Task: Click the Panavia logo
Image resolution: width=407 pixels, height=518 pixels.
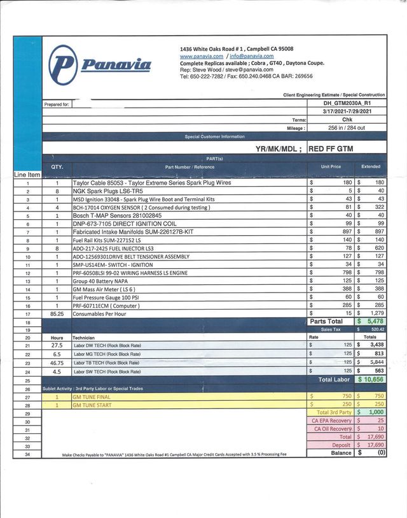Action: [100, 63]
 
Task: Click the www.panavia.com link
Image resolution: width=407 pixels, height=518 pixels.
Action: [202, 56]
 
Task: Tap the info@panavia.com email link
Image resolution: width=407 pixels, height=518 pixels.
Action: [252, 56]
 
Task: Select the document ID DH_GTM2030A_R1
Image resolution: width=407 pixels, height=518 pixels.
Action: [347, 103]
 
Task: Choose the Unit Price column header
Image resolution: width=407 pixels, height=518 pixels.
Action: [331, 166]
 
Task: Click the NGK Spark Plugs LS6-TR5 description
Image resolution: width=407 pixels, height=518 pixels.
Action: [108, 191]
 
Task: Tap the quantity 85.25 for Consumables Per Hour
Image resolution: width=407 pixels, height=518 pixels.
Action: [57, 313]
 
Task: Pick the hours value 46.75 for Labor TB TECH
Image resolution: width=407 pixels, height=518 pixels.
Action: [57, 362]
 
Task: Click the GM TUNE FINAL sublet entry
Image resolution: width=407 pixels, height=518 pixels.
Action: [93, 396]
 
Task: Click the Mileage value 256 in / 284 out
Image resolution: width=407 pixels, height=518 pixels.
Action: [347, 127]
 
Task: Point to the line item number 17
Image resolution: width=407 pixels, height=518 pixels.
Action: [27, 313]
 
